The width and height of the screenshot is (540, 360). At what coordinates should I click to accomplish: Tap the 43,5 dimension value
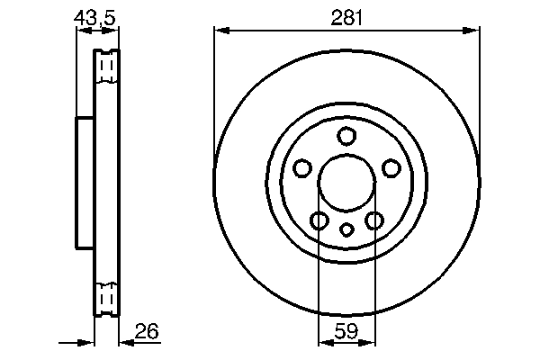point(94,16)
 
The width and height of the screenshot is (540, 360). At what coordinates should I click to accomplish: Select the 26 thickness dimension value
point(147,332)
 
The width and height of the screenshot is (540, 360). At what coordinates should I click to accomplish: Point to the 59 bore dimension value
point(346,332)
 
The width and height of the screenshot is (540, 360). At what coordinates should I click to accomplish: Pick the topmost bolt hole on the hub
point(346,136)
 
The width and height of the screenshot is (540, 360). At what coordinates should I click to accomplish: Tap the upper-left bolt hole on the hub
point(302,168)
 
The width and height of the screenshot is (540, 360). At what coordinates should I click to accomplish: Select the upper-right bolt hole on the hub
point(391,168)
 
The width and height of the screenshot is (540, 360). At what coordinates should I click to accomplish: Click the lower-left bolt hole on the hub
point(319,220)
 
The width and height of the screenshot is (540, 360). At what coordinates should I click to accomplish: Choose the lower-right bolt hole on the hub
point(374,220)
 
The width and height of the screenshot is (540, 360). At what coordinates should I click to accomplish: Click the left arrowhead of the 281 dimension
point(220,31)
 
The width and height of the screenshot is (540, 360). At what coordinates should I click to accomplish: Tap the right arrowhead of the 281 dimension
point(473,31)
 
